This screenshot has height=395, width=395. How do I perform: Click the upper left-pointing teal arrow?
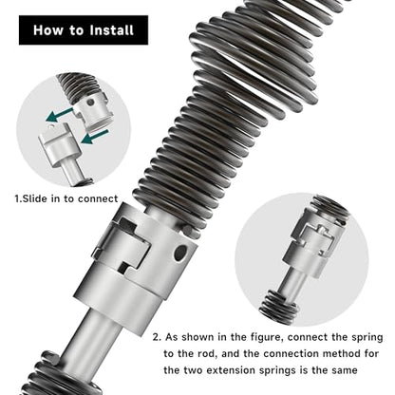[x=60, y=115]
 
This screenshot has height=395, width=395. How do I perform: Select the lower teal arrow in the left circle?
[x=95, y=137]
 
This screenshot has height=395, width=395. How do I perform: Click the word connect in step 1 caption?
[x=98, y=198]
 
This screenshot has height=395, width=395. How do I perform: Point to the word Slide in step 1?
[x=32, y=198]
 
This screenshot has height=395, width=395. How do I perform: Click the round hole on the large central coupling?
[x=180, y=254]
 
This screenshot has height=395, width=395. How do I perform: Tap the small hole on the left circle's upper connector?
[x=90, y=103]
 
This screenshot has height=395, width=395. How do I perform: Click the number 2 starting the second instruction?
[x=157, y=337]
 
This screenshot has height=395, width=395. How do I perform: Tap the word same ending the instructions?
[x=344, y=370]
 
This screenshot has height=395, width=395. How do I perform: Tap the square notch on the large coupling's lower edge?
[x=125, y=267]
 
